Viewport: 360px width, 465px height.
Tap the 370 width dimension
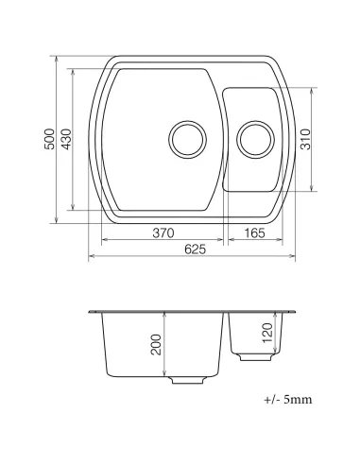click(163, 233)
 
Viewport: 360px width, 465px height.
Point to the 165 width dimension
click(252, 233)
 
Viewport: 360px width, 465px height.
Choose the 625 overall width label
click(194, 249)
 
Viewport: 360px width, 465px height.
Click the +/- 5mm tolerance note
click(286, 400)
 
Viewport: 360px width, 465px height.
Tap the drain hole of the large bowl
click(185, 139)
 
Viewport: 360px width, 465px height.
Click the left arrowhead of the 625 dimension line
click(91, 255)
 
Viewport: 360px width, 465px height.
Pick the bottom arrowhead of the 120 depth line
click(274, 352)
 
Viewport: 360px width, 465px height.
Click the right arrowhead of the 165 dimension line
click(281, 240)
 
